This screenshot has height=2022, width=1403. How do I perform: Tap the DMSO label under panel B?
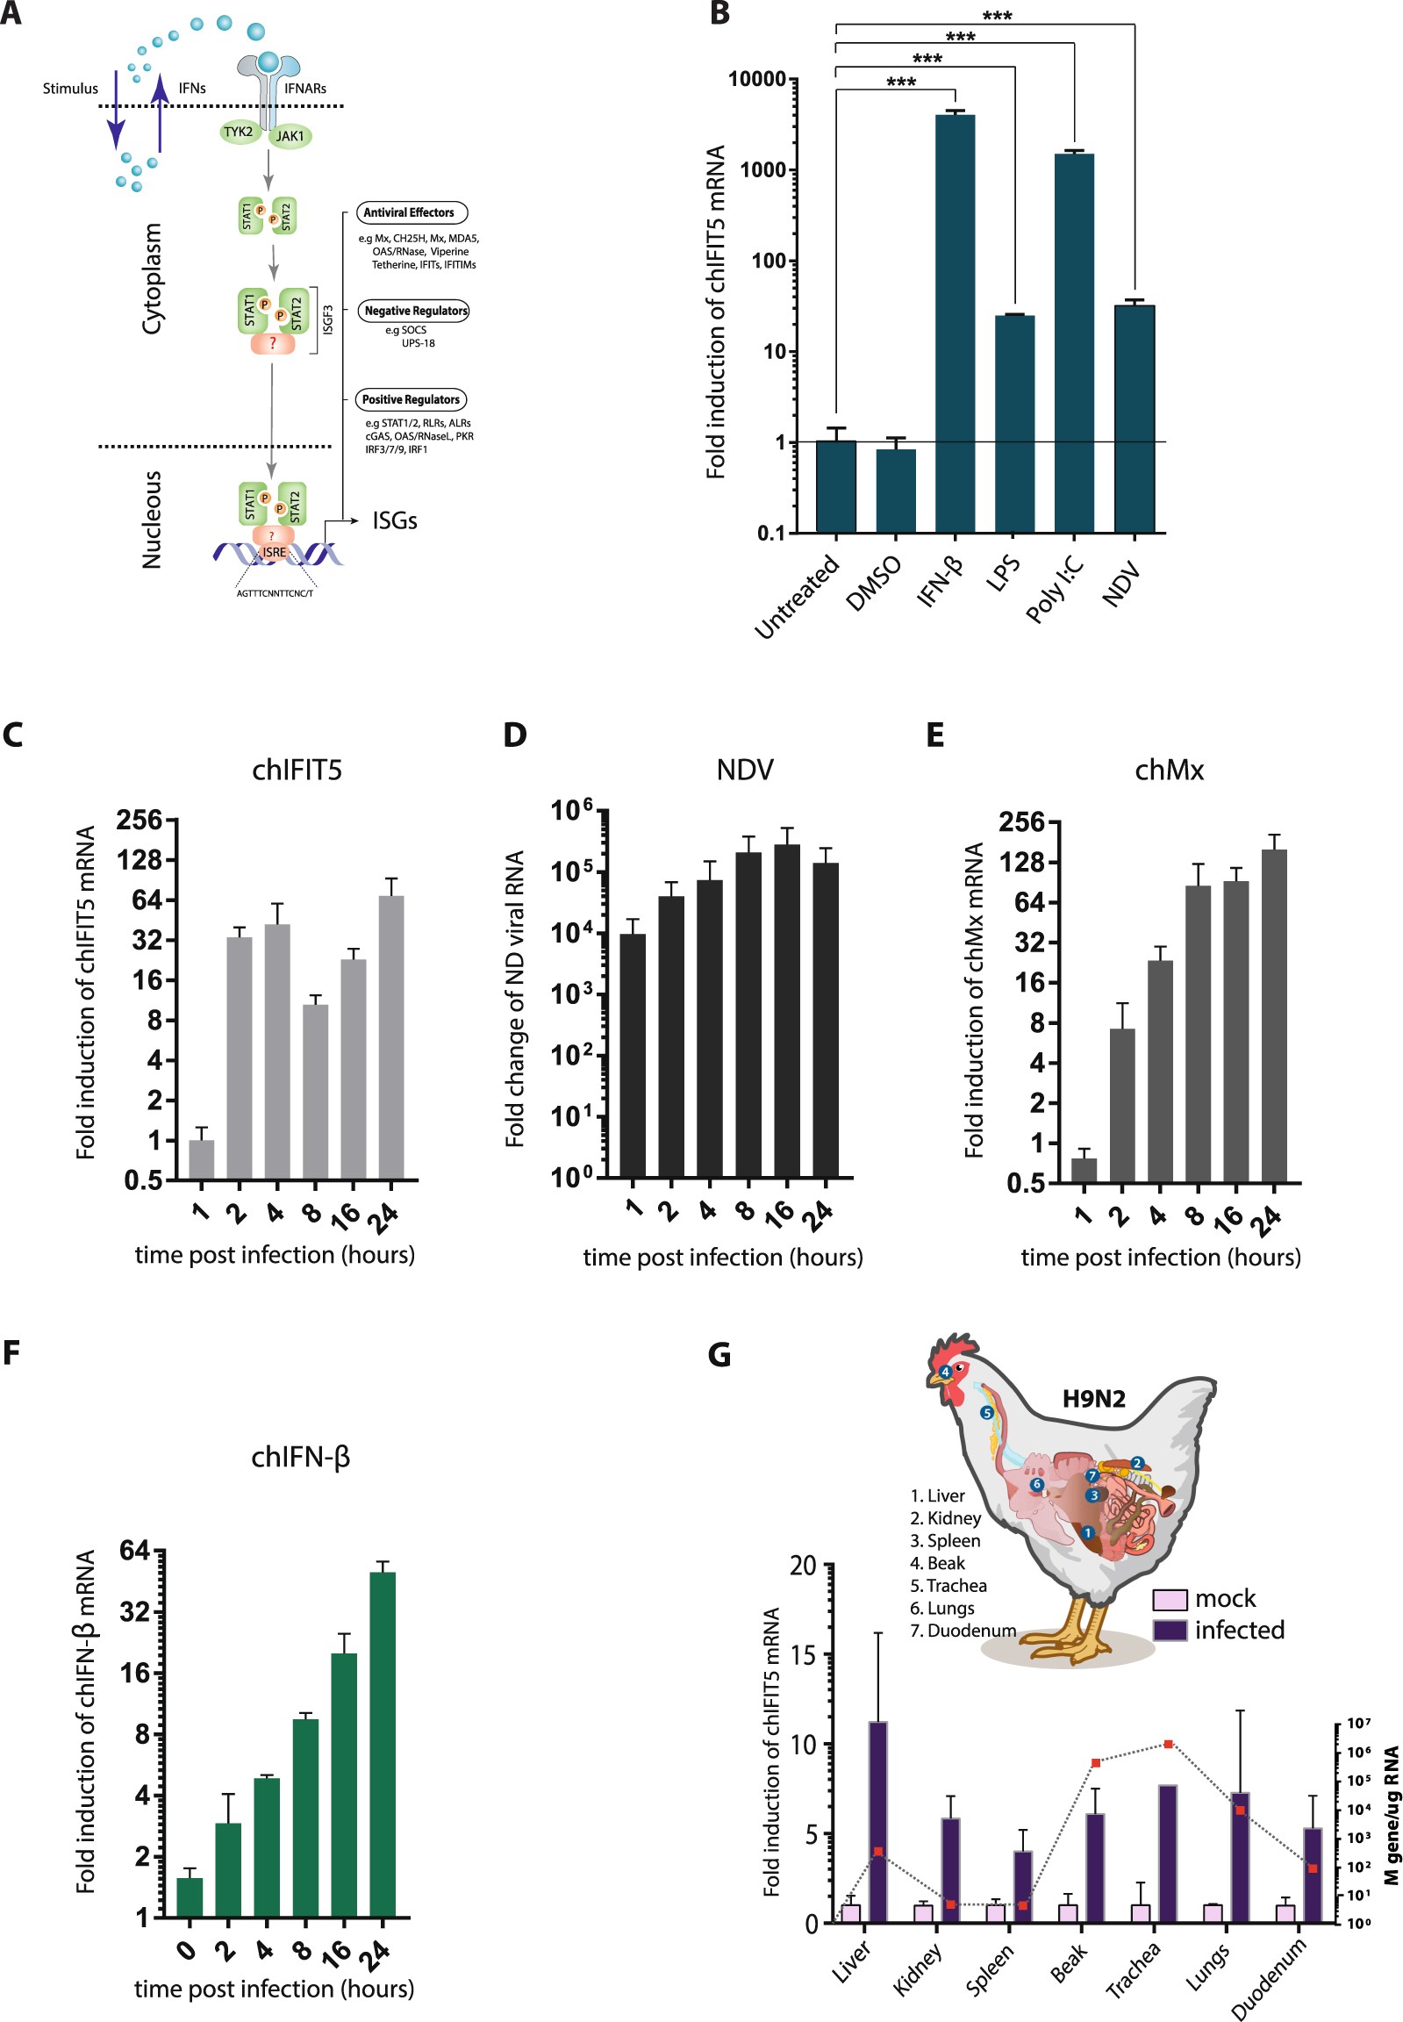(873, 584)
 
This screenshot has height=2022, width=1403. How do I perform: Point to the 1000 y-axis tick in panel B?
(762, 169)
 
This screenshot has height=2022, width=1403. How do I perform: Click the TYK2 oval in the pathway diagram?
(239, 132)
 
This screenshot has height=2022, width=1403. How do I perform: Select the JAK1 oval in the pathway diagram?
(290, 136)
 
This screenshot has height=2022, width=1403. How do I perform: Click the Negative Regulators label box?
(415, 311)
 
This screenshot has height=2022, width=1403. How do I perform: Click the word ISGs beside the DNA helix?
(395, 520)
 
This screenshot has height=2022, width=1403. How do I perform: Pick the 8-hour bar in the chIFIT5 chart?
(315, 1091)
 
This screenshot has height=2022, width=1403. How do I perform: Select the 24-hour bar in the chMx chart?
(1274, 1015)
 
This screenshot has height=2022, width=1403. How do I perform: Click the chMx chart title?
(1168, 771)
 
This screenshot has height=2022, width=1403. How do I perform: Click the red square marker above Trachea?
(1168, 1744)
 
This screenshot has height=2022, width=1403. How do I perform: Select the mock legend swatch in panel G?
(1169, 1599)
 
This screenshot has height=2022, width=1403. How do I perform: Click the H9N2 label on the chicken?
(1093, 1399)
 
